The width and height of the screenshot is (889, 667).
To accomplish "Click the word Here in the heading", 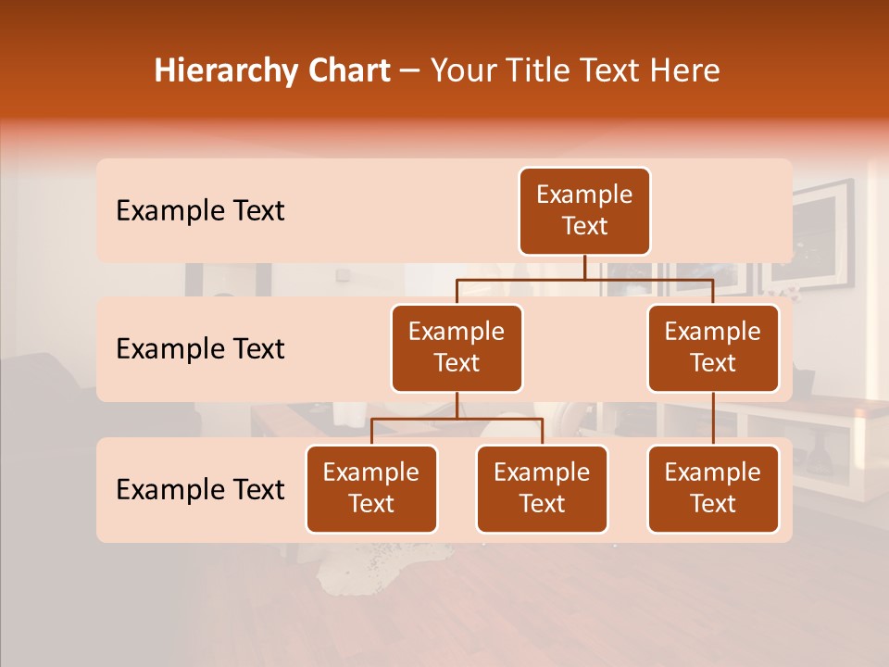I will [683, 71].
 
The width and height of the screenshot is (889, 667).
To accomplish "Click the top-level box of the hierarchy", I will [584, 211].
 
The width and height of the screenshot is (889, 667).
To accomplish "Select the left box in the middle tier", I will [457, 348].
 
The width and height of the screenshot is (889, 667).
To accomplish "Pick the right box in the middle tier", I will [713, 348].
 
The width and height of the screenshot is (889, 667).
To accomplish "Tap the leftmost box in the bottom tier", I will [371, 489].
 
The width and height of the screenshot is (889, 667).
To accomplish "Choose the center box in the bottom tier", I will [542, 489].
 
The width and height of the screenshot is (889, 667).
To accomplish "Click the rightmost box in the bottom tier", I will [713, 489].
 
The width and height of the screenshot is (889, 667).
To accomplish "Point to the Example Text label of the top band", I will [200, 211].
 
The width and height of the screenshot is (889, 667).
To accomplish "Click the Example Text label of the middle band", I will [200, 349].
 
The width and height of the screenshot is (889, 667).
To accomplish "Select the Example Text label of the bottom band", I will [200, 490].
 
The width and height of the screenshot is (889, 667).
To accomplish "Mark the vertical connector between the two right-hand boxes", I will [713, 419].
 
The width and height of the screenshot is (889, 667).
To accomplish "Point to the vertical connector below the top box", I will [584, 267].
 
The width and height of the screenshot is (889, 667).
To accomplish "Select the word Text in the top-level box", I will [584, 226].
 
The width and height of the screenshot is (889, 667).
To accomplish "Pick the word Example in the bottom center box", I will [542, 473].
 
